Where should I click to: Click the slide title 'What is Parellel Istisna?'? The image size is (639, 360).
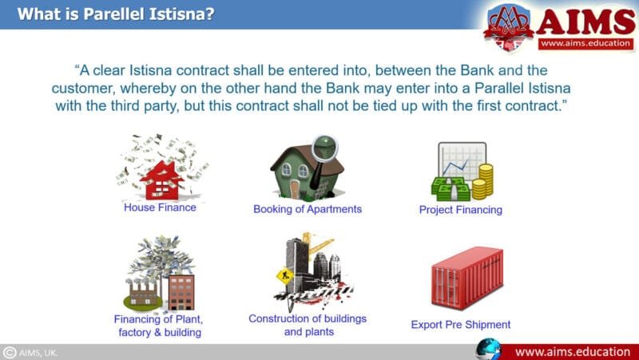pos(116,14)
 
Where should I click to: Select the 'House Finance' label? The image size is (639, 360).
pos(160,208)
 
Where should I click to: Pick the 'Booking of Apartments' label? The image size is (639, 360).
pos(308,209)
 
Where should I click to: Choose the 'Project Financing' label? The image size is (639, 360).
pos(461,210)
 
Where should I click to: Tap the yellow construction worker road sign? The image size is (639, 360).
pos(284,276)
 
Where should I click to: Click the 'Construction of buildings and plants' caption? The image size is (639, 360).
pos(308,325)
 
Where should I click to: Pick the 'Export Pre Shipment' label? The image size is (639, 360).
pos(461,325)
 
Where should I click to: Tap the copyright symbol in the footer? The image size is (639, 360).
pos(10,352)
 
